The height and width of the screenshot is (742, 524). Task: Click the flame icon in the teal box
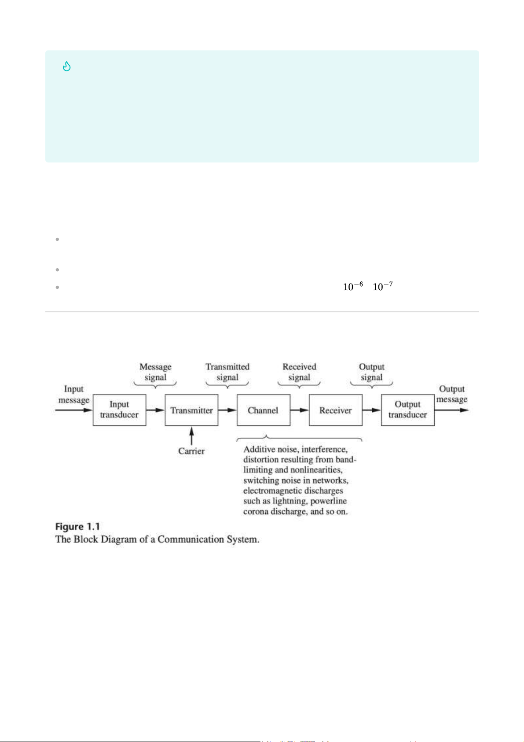click(x=66, y=66)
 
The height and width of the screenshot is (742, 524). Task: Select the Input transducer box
click(x=119, y=410)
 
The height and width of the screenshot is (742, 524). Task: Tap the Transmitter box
click(x=191, y=410)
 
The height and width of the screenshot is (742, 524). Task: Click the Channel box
click(x=263, y=410)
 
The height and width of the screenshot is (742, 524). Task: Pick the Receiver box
click(x=336, y=410)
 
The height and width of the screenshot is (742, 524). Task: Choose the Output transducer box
click(x=408, y=410)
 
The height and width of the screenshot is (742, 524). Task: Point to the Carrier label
click(x=191, y=451)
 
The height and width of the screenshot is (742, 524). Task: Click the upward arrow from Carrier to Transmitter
click(x=191, y=436)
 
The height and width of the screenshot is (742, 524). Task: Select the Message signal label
click(x=155, y=372)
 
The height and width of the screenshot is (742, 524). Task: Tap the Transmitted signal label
click(x=227, y=372)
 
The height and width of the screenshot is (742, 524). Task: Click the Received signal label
click(x=299, y=372)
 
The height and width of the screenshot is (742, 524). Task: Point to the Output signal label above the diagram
click(x=372, y=372)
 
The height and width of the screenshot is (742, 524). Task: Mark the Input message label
click(x=74, y=395)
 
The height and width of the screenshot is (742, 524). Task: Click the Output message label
click(x=452, y=394)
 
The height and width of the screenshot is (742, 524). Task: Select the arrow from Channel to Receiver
click(x=300, y=410)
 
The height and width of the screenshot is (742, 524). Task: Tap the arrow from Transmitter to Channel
click(x=227, y=410)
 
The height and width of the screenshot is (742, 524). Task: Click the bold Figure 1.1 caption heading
click(x=77, y=527)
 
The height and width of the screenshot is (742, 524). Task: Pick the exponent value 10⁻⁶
click(x=353, y=286)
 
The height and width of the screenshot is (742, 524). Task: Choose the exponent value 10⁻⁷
click(x=383, y=286)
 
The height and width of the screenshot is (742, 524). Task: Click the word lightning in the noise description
click(x=290, y=501)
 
